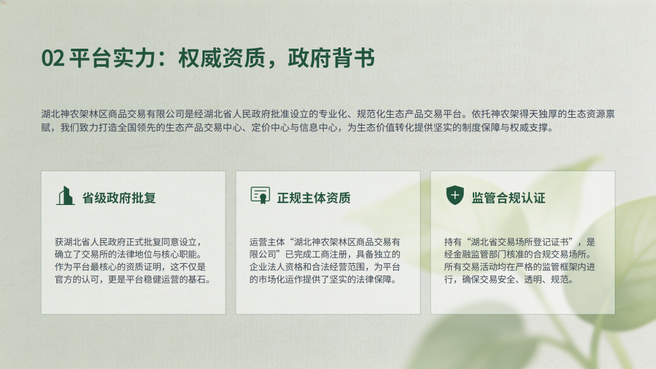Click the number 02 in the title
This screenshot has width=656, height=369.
53,58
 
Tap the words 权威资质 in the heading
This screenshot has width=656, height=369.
222,58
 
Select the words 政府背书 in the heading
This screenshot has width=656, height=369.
331,58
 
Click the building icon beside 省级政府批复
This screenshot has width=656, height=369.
65,196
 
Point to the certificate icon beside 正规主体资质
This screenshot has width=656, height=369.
260,195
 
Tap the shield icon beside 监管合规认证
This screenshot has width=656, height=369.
455,195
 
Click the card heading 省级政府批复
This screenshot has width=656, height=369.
119,198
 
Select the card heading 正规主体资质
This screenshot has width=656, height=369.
314,198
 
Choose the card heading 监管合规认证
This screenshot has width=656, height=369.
508,198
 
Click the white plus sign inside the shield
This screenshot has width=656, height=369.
455,195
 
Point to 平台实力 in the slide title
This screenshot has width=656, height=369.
112,58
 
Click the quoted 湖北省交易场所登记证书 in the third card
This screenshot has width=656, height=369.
520,242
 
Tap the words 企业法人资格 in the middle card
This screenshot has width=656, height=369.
276,267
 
